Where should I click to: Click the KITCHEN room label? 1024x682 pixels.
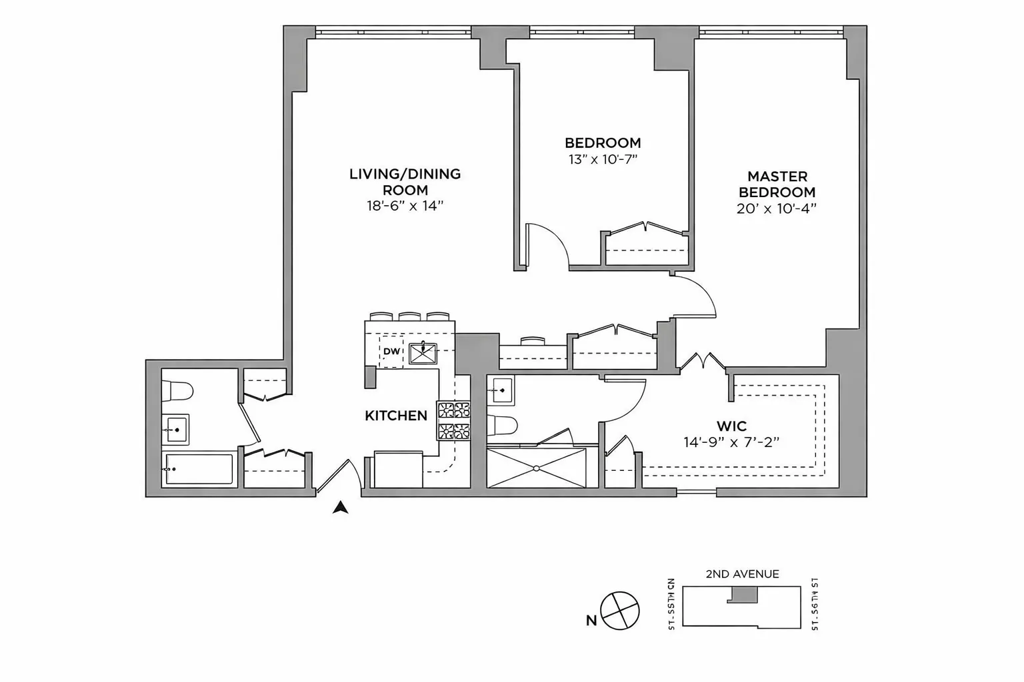coord(395,416)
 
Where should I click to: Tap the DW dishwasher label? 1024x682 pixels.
coord(391,352)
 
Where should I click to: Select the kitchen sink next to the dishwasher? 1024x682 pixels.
coord(422,353)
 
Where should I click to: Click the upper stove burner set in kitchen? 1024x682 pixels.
coord(454,409)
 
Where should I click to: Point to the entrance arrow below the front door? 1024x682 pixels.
coord(341,508)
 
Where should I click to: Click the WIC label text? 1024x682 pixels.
coord(731,426)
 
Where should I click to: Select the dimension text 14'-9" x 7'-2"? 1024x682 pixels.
coord(731,442)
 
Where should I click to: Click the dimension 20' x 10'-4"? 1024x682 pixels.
coord(777,208)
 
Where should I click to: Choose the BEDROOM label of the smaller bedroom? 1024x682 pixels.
coord(603,143)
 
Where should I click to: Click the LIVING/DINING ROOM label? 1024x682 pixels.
coord(405,182)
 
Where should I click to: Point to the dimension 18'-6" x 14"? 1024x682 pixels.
coord(405,206)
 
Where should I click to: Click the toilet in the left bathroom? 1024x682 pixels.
coord(177,390)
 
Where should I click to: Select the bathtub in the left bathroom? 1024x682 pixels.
coord(198,470)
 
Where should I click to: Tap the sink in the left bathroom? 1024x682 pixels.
coord(176,429)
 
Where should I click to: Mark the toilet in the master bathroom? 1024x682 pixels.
coord(502,424)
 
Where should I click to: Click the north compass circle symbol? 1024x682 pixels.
coord(620,610)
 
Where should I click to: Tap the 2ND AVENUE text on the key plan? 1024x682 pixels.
coord(742,574)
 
